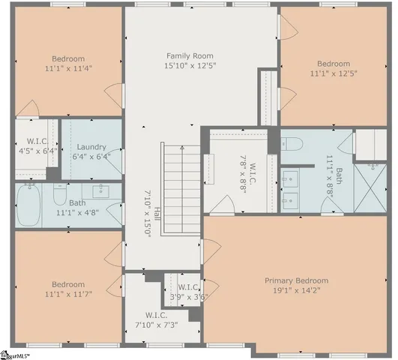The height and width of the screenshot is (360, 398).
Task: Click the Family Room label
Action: (x=190, y=56)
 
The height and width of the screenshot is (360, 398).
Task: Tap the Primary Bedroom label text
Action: (x=296, y=280)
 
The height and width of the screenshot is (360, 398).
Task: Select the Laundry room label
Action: (x=91, y=147)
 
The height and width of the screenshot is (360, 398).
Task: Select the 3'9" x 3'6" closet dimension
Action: (x=188, y=296)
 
